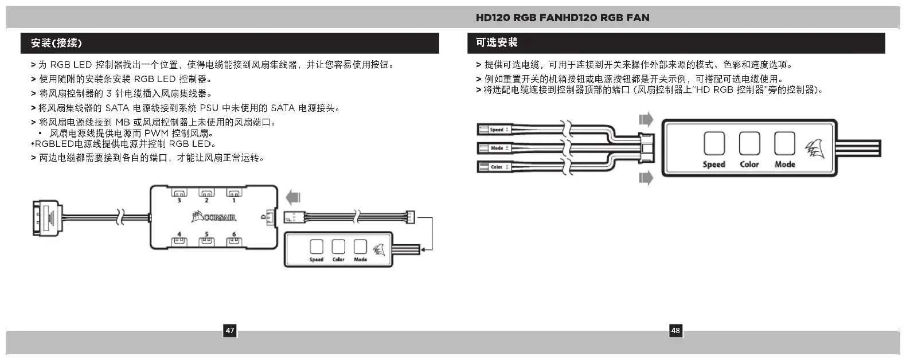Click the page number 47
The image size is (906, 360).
(x=230, y=331)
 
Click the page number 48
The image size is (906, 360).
(x=675, y=331)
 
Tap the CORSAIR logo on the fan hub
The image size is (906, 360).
(x=214, y=217)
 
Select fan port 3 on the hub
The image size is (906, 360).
(x=179, y=194)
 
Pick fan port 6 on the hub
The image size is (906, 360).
(x=233, y=241)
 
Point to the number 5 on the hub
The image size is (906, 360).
(x=206, y=234)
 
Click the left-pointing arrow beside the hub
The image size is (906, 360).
(x=293, y=198)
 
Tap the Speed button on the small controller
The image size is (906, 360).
(x=316, y=246)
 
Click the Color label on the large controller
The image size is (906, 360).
(x=749, y=165)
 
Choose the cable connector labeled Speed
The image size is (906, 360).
(x=495, y=130)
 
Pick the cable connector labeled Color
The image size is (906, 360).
(x=495, y=167)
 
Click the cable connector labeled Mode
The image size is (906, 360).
(x=495, y=148)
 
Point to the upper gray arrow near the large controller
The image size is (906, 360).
(x=646, y=119)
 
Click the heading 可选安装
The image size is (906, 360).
(x=497, y=42)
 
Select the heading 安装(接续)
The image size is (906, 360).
(x=56, y=43)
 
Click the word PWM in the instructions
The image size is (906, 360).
(x=156, y=134)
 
